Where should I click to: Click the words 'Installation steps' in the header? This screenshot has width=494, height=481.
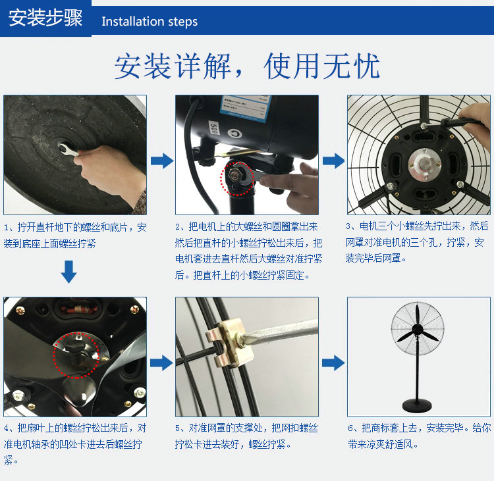click(150, 22)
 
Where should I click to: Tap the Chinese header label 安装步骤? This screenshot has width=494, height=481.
click(45, 18)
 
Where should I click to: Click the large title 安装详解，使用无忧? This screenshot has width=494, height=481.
click(247, 66)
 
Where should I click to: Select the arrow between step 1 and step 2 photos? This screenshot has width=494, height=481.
click(162, 161)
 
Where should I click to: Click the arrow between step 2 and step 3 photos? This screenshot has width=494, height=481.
click(334, 161)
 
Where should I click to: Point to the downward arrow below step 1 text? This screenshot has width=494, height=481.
click(69, 272)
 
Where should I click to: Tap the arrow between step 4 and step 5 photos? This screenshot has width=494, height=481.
click(161, 363)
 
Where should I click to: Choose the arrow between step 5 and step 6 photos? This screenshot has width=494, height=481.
click(333, 363)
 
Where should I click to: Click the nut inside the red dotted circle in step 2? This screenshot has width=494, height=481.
click(234, 176)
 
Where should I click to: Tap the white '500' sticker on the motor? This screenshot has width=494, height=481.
click(214, 128)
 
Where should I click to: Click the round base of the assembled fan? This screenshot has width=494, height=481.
click(417, 405)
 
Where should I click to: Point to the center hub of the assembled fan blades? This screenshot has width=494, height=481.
click(418, 329)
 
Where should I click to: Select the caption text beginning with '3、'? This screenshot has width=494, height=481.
click(417, 242)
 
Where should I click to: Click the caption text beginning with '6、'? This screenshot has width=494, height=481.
click(420, 436)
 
